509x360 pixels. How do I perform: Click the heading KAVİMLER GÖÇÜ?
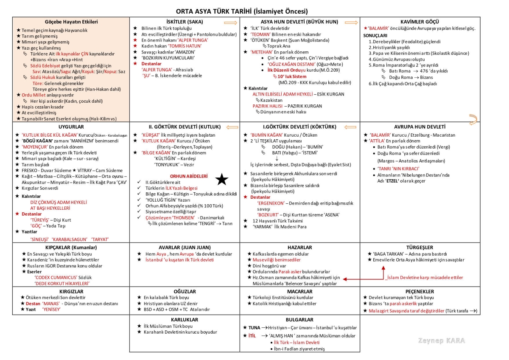point(420,22)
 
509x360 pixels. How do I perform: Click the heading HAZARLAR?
point(299,247)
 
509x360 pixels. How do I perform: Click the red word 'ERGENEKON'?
point(273,203)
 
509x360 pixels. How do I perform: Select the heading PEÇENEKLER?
point(420,292)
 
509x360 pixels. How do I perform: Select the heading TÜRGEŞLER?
point(420,247)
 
